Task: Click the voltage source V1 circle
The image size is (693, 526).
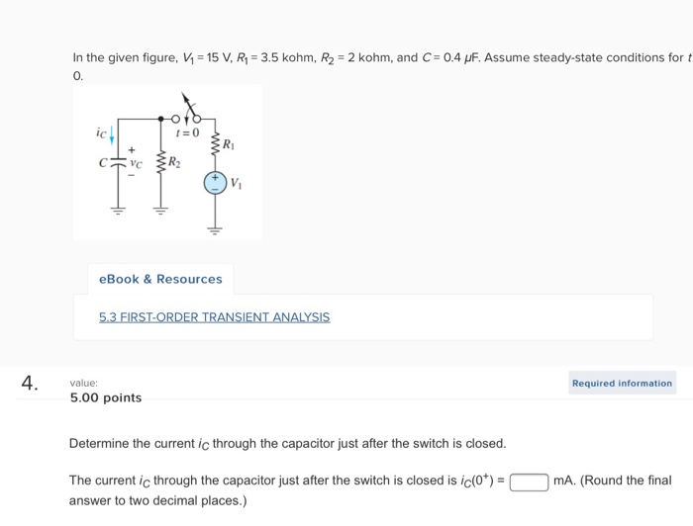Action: [215, 183]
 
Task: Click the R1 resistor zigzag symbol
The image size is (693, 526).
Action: [215, 145]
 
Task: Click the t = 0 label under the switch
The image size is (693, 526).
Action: [187, 132]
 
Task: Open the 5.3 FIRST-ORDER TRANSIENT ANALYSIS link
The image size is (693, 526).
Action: [214, 317]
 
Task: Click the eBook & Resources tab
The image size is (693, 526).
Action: [160, 279]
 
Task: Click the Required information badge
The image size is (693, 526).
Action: [622, 383]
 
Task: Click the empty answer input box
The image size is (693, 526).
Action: [530, 482]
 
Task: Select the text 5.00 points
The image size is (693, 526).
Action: [106, 397]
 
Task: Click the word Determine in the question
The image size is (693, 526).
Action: [99, 443]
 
